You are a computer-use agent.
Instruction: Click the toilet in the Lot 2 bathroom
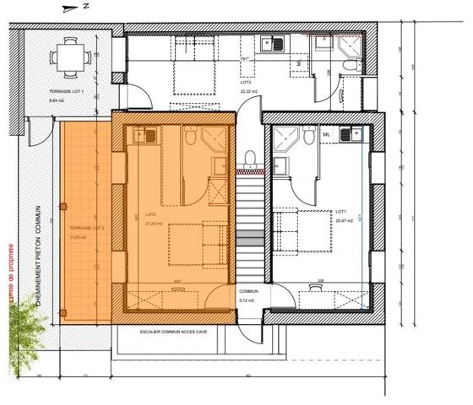(192, 136)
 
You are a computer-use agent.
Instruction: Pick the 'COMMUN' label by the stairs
(247, 291)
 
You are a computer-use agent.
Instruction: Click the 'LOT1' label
(342, 211)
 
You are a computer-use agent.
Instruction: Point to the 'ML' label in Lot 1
(327, 132)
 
